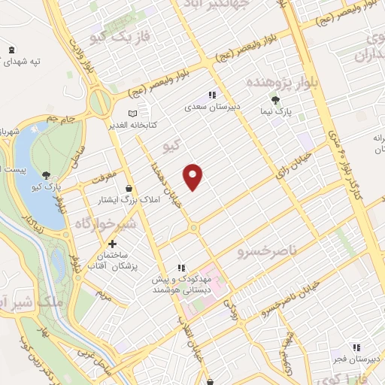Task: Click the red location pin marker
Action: tap(194, 176)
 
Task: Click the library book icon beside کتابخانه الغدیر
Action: tap(132, 113)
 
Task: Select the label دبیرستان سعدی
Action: tap(213, 107)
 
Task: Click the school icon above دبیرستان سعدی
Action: tap(213, 95)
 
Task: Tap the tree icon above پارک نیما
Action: tap(277, 99)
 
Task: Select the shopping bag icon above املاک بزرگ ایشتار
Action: tap(130, 189)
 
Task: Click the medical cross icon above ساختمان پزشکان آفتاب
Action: tap(113, 244)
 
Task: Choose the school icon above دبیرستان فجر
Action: tap(357, 347)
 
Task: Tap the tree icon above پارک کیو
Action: tap(48, 174)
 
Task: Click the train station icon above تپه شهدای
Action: tap(11, 49)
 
